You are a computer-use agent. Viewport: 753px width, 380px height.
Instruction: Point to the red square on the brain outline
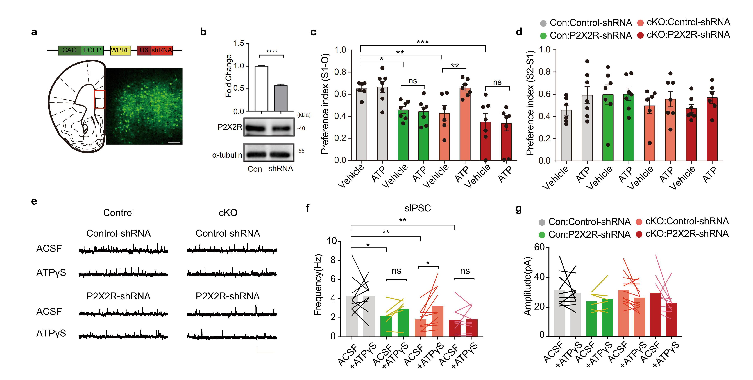coord(99,99)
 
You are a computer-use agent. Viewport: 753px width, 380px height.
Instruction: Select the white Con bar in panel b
coord(261,89)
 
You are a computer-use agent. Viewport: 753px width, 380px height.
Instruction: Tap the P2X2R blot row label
coord(230,127)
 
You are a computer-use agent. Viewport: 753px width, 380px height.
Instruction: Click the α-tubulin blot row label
coord(227,155)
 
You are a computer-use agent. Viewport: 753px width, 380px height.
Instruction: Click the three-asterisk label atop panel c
coord(422,42)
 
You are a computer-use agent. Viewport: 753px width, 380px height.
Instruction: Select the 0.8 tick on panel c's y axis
coord(340,72)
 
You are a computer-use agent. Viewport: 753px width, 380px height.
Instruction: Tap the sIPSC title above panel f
coord(417,208)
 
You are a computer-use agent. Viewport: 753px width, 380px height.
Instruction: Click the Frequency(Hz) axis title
coord(318,285)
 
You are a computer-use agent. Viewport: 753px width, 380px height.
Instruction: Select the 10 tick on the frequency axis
coord(332,241)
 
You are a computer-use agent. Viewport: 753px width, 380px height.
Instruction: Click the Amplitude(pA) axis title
coord(527,286)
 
